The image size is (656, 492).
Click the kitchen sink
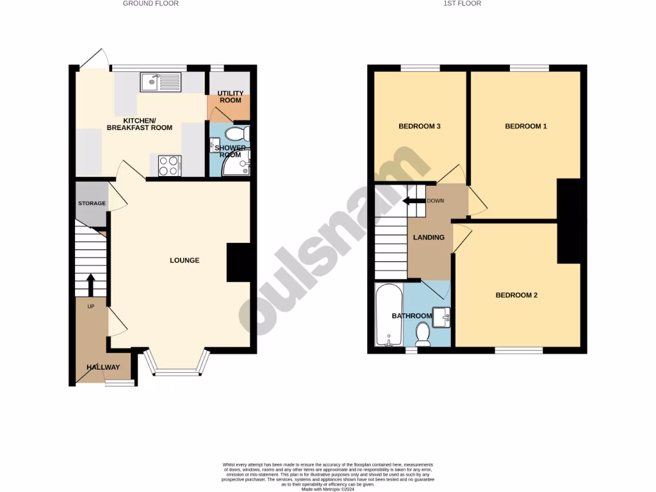pyautogui.click(x=161, y=82)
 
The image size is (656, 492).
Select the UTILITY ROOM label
pyautogui.click(x=229, y=97)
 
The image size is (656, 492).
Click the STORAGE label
pyautogui.click(x=92, y=204)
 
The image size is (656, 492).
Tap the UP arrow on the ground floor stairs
pyautogui.click(x=90, y=283)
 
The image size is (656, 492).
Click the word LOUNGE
pyautogui.click(x=184, y=260)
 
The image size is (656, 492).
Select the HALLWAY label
pyautogui.click(x=103, y=367)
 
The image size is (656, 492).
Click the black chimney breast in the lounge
pyautogui.click(x=238, y=263)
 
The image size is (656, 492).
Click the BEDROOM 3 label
pyautogui.click(x=419, y=126)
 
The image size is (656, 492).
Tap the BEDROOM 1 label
pyautogui.click(x=526, y=126)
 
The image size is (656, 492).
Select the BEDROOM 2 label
pyautogui.click(x=516, y=295)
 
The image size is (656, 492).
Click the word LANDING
pyautogui.click(x=429, y=238)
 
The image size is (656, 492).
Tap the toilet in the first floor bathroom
pyautogui.click(x=423, y=334)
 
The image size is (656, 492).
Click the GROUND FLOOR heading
pyautogui.click(x=151, y=4)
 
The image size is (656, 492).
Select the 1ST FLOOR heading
pyautogui.click(x=463, y=4)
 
